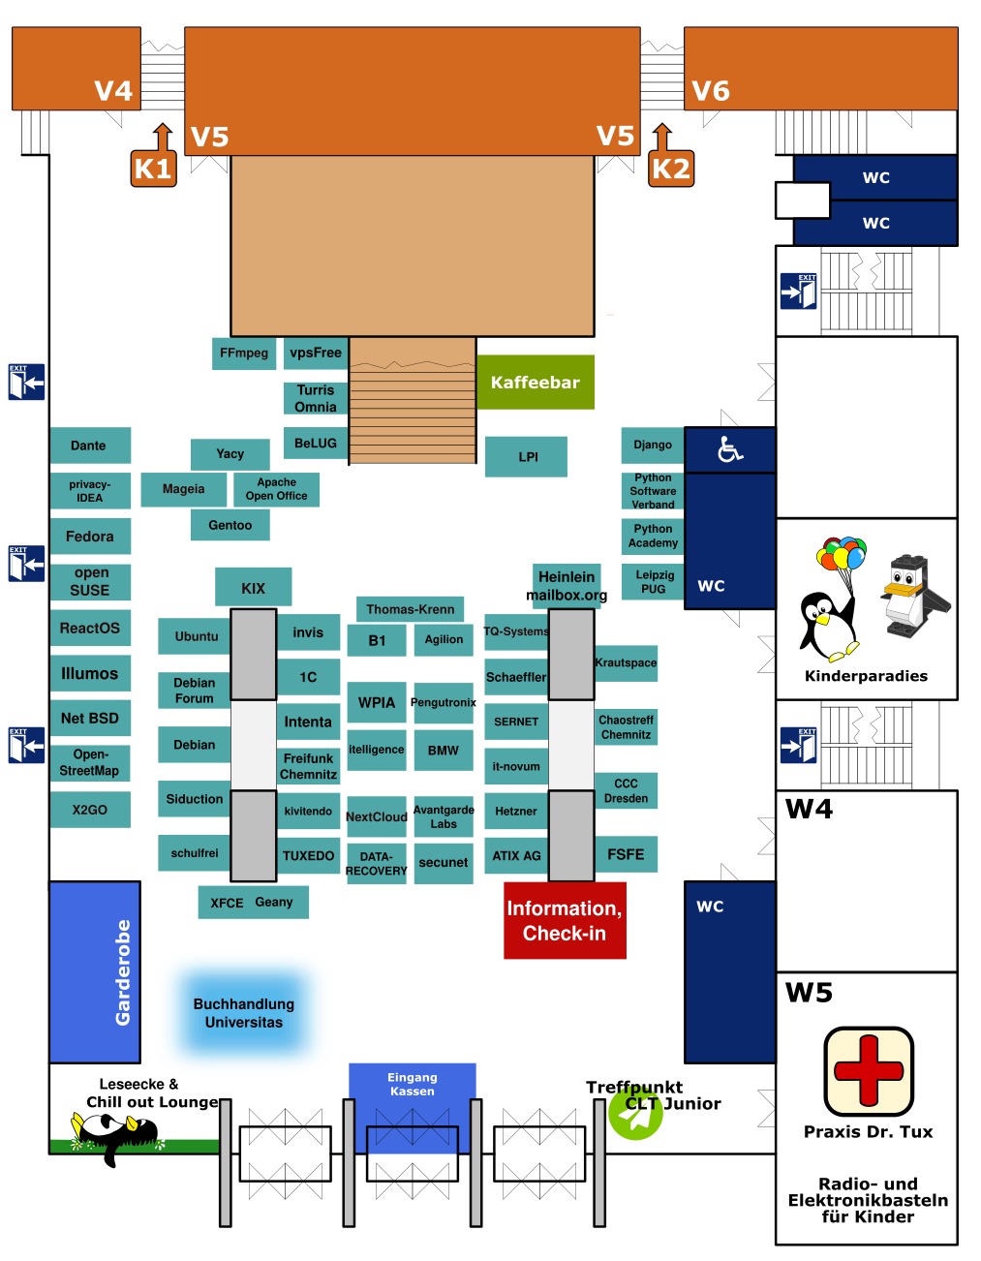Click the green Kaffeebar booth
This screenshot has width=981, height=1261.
coord(535,383)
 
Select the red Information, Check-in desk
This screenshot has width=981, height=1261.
coord(565,920)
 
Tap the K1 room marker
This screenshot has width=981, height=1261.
coord(153,169)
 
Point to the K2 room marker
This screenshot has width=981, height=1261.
coord(671,169)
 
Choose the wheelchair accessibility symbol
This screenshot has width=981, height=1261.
coord(729,449)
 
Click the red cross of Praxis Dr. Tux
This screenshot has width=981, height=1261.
coord(869,1071)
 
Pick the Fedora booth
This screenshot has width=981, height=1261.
coord(90,537)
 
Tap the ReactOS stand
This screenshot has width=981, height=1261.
coord(90,629)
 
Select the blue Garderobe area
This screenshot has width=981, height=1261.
coord(95,971)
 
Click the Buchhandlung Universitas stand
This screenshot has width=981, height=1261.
coord(244,1013)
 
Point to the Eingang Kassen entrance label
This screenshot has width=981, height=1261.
coord(413,1085)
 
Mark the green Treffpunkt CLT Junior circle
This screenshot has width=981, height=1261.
coord(635,1116)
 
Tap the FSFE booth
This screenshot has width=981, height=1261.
coord(626,854)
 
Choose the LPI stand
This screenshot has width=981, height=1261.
coord(527,457)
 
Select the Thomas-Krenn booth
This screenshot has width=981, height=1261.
coord(411,609)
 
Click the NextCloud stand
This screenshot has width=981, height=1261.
coord(377,816)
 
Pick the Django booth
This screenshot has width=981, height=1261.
coord(653,445)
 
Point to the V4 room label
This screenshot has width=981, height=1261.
coord(113,91)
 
